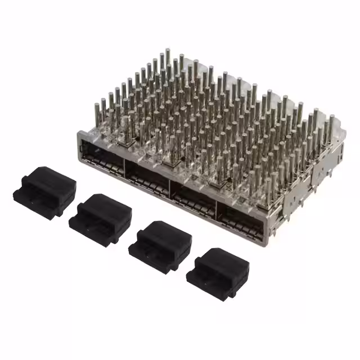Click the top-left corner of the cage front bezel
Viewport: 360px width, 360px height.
[79, 132]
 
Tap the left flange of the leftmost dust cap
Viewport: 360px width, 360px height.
[20, 195]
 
